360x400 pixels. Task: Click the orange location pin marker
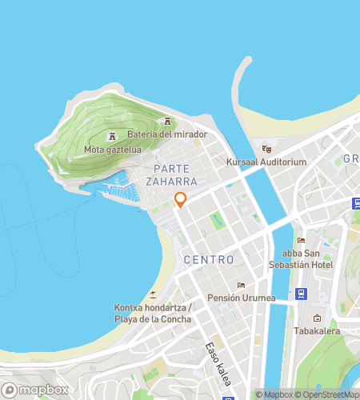pyautogui.click(x=180, y=200)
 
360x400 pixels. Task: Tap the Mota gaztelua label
pyautogui.click(x=113, y=149)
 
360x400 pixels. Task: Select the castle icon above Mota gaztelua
pyautogui.click(x=113, y=134)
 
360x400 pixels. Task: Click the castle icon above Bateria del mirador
pyautogui.click(x=167, y=121)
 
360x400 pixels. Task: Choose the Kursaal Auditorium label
pyautogui.click(x=267, y=162)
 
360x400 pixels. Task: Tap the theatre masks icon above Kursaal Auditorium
pyautogui.click(x=267, y=148)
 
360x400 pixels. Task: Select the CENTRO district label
pyautogui.click(x=209, y=260)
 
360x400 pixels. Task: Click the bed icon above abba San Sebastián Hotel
pyautogui.click(x=302, y=240)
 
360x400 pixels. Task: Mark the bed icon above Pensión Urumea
pyautogui.click(x=240, y=285)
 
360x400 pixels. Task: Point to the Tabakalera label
pyautogui.click(x=317, y=331)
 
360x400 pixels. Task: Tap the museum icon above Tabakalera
pyautogui.click(x=317, y=318)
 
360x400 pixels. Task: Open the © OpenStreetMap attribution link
pyautogui.click(x=327, y=394)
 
